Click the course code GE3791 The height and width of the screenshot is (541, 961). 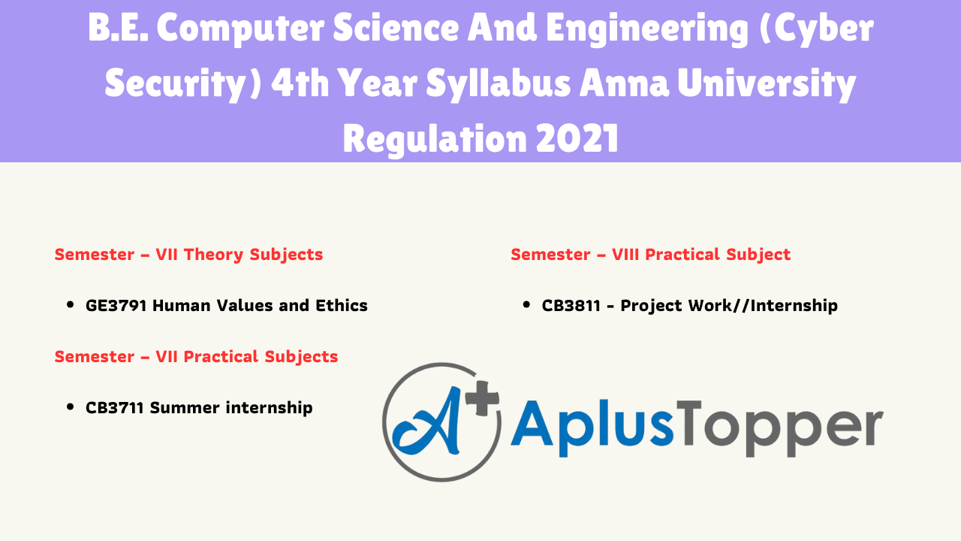tap(116, 306)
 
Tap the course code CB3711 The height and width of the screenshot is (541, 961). tap(115, 408)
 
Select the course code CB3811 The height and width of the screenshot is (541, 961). tap(571, 306)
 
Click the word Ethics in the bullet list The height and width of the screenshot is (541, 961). tap(342, 306)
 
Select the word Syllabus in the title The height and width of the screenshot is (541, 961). tap(498, 84)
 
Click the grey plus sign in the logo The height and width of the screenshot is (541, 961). tap(482, 398)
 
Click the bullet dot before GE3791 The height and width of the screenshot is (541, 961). tap(71, 305)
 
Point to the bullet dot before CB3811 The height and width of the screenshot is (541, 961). tap(526, 305)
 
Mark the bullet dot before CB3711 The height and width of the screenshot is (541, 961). tap(71, 407)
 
